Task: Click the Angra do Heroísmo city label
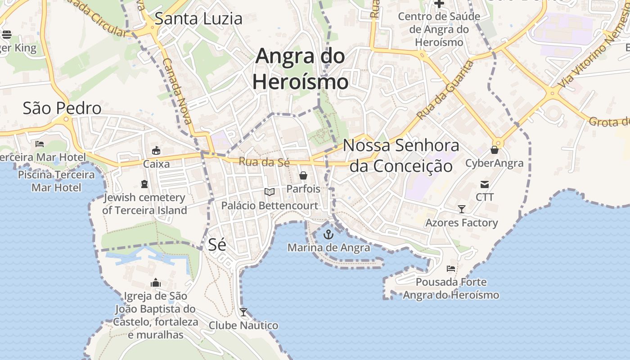300,69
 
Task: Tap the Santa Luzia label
198,18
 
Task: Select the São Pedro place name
62,108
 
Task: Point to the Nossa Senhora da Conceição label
401,156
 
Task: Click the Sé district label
217,244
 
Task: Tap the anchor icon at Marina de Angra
328,234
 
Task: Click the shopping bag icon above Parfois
303,175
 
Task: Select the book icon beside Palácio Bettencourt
270,192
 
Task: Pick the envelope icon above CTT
485,184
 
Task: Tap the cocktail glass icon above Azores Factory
461,209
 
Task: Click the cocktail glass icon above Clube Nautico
243,312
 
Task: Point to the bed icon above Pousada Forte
450,269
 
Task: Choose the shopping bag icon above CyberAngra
495,150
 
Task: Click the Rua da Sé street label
264,162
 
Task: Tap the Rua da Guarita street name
445,90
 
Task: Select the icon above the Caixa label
156,150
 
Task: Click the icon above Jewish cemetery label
144,184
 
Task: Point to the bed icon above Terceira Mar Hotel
40,144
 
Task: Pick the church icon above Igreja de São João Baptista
156,283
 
